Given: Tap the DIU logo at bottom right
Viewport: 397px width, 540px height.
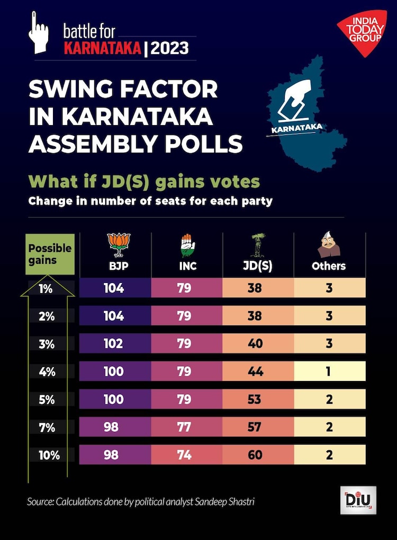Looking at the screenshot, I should coord(358,500).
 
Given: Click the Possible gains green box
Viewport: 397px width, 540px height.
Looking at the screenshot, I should coord(49,254).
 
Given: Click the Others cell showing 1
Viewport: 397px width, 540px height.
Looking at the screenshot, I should coord(329,371).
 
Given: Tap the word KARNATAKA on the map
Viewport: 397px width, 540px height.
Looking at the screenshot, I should coord(296,129).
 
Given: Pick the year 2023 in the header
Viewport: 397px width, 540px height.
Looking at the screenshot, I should coord(170,49).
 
